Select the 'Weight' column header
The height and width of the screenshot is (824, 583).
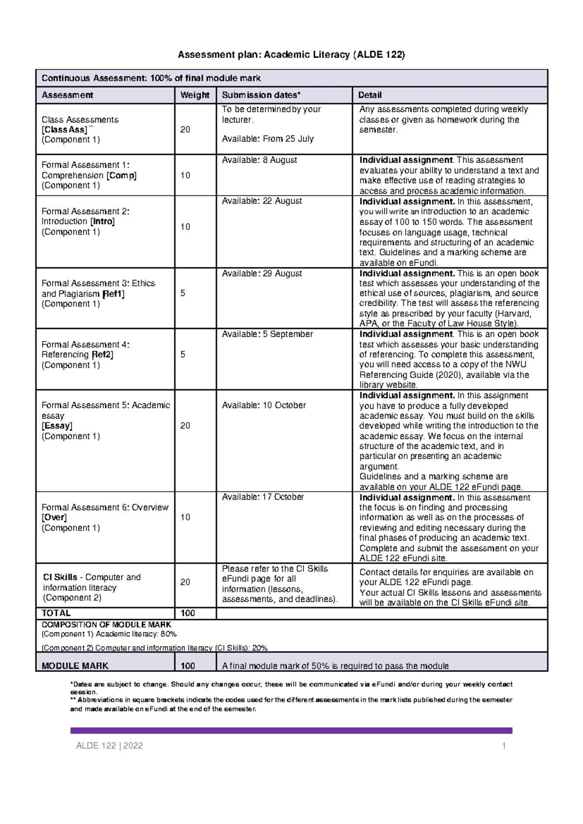pyautogui.click(x=194, y=95)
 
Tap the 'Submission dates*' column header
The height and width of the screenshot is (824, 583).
pyautogui.click(x=261, y=95)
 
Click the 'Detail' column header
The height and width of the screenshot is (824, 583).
pyautogui.click(x=370, y=95)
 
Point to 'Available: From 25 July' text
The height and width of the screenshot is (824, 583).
pyautogui.click(x=268, y=139)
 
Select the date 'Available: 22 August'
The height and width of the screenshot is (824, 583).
pyautogui.click(x=262, y=201)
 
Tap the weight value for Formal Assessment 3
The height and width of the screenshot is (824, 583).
pyautogui.click(x=183, y=293)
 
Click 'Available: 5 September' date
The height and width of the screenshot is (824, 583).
pyautogui.click(x=267, y=334)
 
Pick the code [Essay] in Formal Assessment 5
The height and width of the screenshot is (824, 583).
pyautogui.click(x=57, y=426)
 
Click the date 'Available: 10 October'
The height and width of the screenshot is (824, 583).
pyautogui.click(x=264, y=405)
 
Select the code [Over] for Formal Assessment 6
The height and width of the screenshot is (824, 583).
pyautogui.click(x=54, y=518)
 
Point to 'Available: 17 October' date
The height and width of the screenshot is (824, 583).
pyautogui.click(x=263, y=497)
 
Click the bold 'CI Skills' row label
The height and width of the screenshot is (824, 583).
pyautogui.click(x=60, y=577)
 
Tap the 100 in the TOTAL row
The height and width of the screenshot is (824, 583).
pyautogui.click(x=188, y=613)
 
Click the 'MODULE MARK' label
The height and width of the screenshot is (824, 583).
pyautogui.click(x=75, y=666)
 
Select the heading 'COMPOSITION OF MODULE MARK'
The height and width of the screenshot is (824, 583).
pyautogui.click(x=106, y=625)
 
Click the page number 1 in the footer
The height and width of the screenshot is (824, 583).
pyautogui.click(x=504, y=746)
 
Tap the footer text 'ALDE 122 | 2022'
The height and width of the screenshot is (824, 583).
pyautogui.click(x=109, y=746)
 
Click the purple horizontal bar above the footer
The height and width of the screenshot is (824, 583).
pyautogui.click(x=291, y=730)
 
